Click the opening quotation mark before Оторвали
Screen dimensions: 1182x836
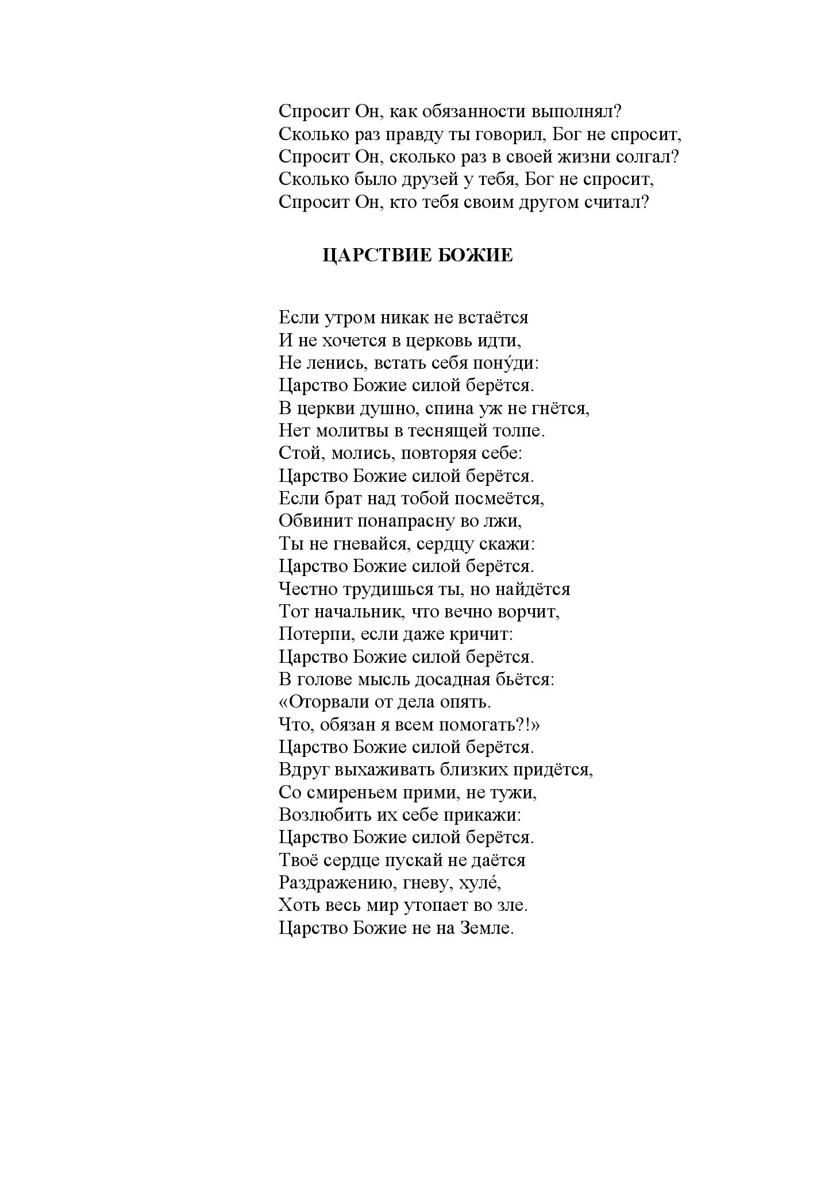(x=284, y=702)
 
